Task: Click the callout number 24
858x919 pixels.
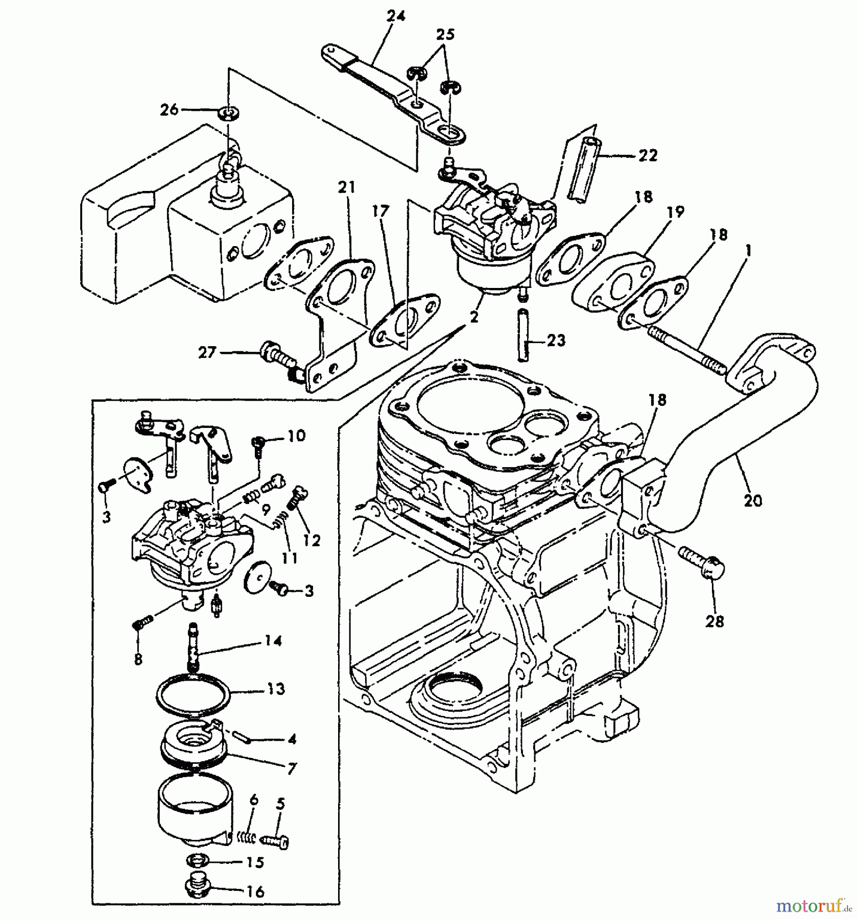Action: tap(396, 16)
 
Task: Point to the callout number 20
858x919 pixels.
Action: tap(753, 500)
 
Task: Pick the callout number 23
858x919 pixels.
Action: tap(556, 340)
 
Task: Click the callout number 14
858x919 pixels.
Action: tap(273, 640)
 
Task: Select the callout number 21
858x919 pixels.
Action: tap(346, 188)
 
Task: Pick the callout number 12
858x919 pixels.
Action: tap(312, 540)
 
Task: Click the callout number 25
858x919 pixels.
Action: tap(445, 35)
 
